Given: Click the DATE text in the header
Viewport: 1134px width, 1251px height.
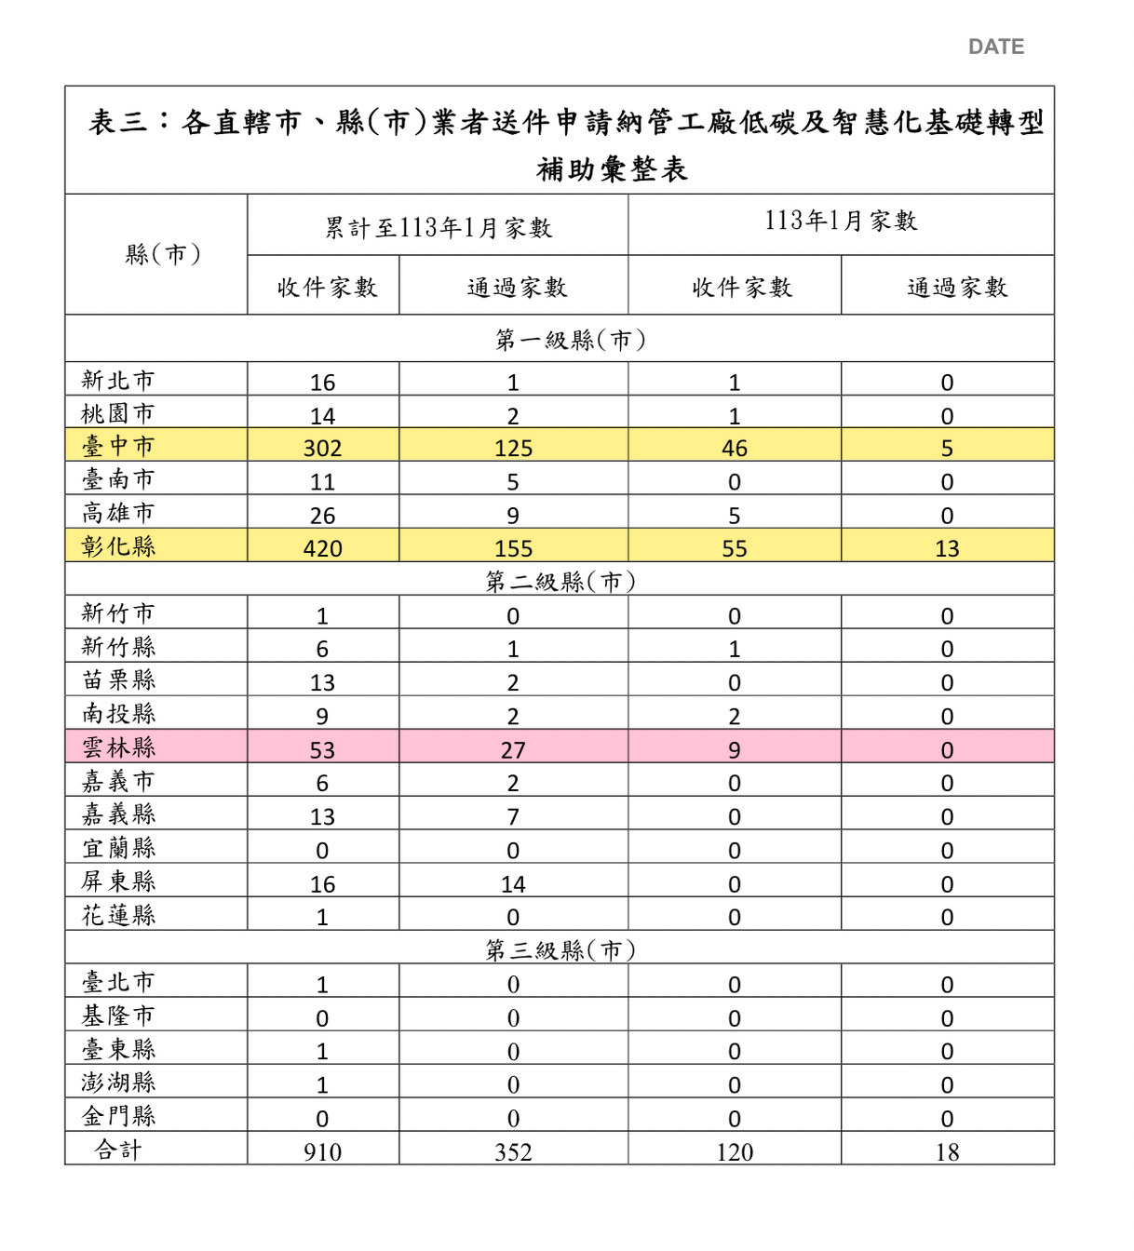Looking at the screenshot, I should coord(995,47).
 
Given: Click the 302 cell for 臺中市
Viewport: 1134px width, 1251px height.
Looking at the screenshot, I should coord(322,448).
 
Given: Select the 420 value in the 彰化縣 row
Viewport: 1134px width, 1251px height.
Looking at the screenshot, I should coord(322,548).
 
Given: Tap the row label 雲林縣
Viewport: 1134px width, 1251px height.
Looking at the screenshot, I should coord(118,747).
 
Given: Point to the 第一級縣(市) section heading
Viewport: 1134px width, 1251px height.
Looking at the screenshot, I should coord(570,340).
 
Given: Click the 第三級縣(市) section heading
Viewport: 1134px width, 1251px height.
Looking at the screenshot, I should coord(560,949).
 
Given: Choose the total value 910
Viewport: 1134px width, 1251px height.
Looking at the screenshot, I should coord(322,1152).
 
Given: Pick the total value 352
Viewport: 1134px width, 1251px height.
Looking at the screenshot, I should coord(513,1152).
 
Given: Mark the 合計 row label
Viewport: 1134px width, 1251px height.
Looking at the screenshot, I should coord(118,1150).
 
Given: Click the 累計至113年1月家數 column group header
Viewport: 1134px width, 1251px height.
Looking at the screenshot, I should coord(438,228).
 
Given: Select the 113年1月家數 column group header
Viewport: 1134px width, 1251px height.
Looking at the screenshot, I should coord(841,221).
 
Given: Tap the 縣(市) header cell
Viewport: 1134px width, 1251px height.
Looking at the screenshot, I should coord(163,254).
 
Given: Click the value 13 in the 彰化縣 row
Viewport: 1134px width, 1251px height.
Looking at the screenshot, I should coord(947,548).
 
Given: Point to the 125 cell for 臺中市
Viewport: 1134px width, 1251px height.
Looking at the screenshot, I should coord(513,448).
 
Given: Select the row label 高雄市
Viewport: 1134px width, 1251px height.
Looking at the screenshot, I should coord(118,513).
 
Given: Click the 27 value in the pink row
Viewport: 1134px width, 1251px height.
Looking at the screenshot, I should coord(513,749).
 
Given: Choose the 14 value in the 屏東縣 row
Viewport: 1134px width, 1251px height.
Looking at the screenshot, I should coord(513,883).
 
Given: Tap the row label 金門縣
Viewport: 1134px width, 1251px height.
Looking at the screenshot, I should coord(118,1116).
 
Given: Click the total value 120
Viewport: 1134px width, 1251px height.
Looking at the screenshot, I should coord(734,1152).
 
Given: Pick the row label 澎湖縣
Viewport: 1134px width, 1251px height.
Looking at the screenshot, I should coord(118,1083).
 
